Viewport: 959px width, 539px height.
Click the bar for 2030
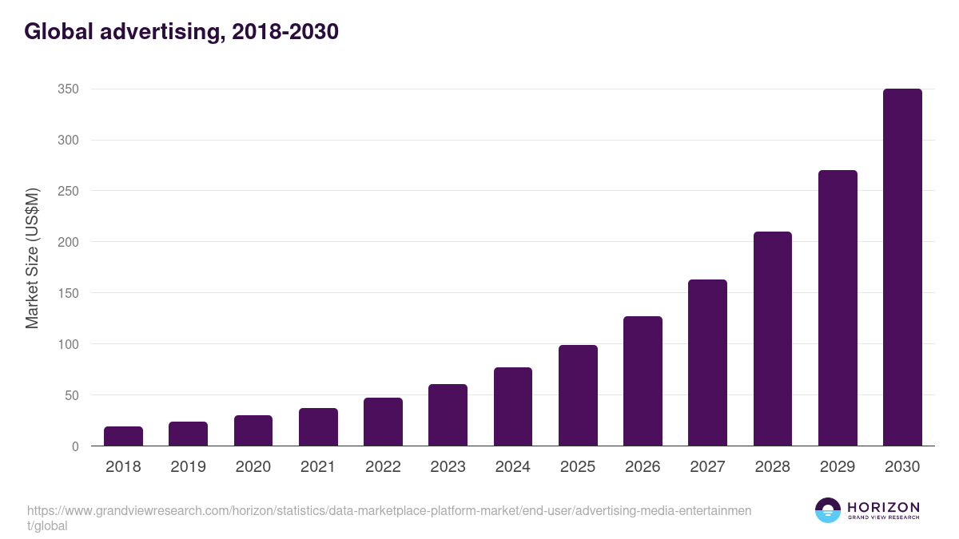click(902, 268)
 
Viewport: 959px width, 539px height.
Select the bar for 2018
click(123, 436)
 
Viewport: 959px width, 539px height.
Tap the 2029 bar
click(838, 308)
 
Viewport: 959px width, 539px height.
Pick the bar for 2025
click(578, 395)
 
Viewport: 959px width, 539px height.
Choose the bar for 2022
click(383, 422)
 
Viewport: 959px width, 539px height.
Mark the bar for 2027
click(707, 363)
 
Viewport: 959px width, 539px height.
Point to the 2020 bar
click(253, 430)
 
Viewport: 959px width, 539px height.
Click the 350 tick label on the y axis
click(68, 89)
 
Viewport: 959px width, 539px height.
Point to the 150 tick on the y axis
click(68, 293)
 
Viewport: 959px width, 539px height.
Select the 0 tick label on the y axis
click(75, 446)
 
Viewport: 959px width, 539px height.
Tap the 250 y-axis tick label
click(68, 191)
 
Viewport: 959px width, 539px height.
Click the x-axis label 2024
click(512, 467)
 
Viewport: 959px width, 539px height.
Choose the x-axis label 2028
click(772, 467)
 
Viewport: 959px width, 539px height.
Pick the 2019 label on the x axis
click(188, 467)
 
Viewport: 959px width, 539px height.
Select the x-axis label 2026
click(643, 467)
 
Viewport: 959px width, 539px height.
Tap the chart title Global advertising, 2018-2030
click(181, 32)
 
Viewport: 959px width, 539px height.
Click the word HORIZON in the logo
click(882, 507)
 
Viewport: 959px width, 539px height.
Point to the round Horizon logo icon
click(828, 510)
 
